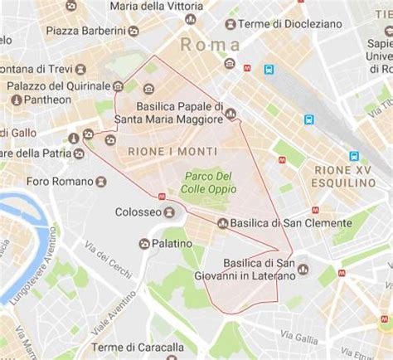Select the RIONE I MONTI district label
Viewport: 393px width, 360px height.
point(172,151)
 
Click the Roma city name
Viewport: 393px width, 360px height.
point(209,45)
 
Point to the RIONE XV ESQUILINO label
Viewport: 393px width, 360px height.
point(343,177)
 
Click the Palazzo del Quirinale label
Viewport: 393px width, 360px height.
point(58,85)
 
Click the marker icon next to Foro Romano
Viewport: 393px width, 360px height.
point(100,181)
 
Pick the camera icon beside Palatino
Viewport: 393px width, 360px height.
point(145,243)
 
